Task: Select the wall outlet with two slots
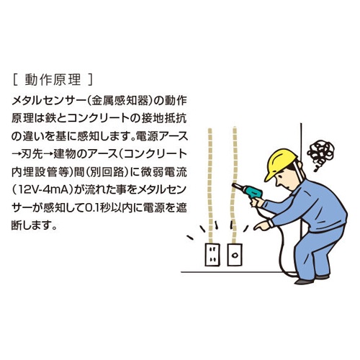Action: [213, 253]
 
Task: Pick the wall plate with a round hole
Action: [233, 253]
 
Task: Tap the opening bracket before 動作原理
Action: [15, 76]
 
